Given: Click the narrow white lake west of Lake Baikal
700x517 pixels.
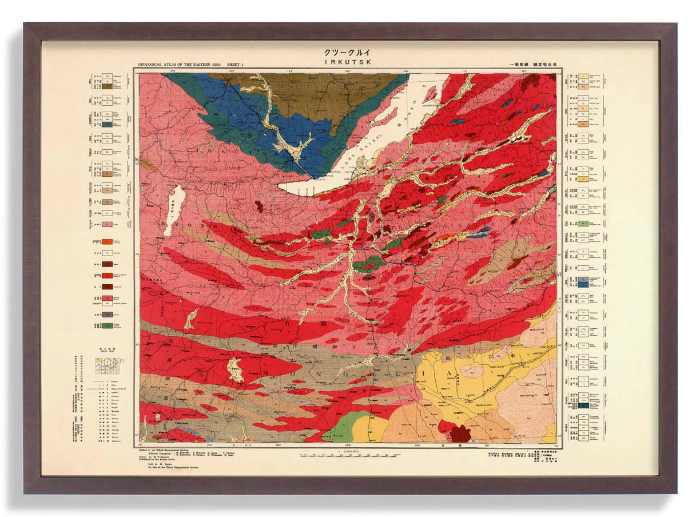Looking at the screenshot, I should click(x=174, y=209).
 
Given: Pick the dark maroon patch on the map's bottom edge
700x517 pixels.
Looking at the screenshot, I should click(x=460, y=434).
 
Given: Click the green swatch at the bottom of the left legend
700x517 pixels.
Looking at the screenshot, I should click(x=107, y=326).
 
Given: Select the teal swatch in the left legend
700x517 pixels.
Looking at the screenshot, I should click(x=107, y=123).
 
